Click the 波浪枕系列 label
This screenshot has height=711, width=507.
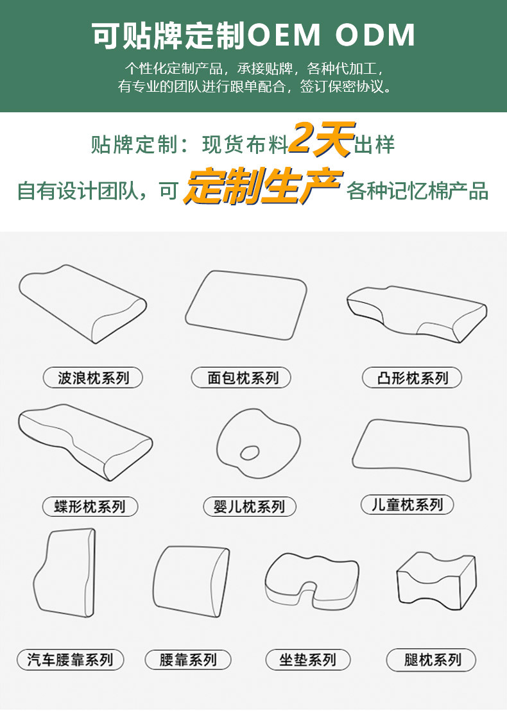click(x=92, y=378)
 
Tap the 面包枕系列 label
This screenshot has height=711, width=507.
click(x=241, y=378)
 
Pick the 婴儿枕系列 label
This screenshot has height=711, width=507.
click(x=249, y=506)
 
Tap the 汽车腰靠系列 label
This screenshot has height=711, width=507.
click(x=71, y=659)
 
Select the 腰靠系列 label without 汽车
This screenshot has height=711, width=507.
click(x=187, y=659)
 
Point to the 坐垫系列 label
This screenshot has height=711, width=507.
click(x=308, y=659)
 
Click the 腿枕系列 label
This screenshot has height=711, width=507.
click(x=432, y=659)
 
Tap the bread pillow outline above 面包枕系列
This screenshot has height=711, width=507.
click(x=246, y=305)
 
